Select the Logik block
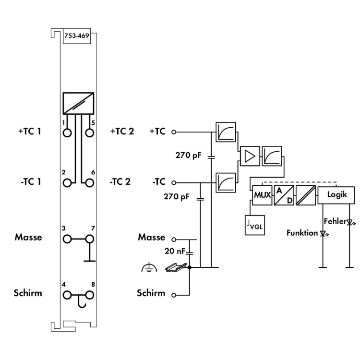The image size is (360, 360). click(x=336, y=196)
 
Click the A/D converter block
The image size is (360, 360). click(x=283, y=196)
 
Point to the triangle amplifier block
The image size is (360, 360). click(x=250, y=155)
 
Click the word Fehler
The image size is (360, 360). click(x=334, y=222)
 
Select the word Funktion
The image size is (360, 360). click(x=302, y=233)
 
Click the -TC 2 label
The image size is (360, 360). click(x=121, y=182)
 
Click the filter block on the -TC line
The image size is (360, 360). click(x=225, y=182)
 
